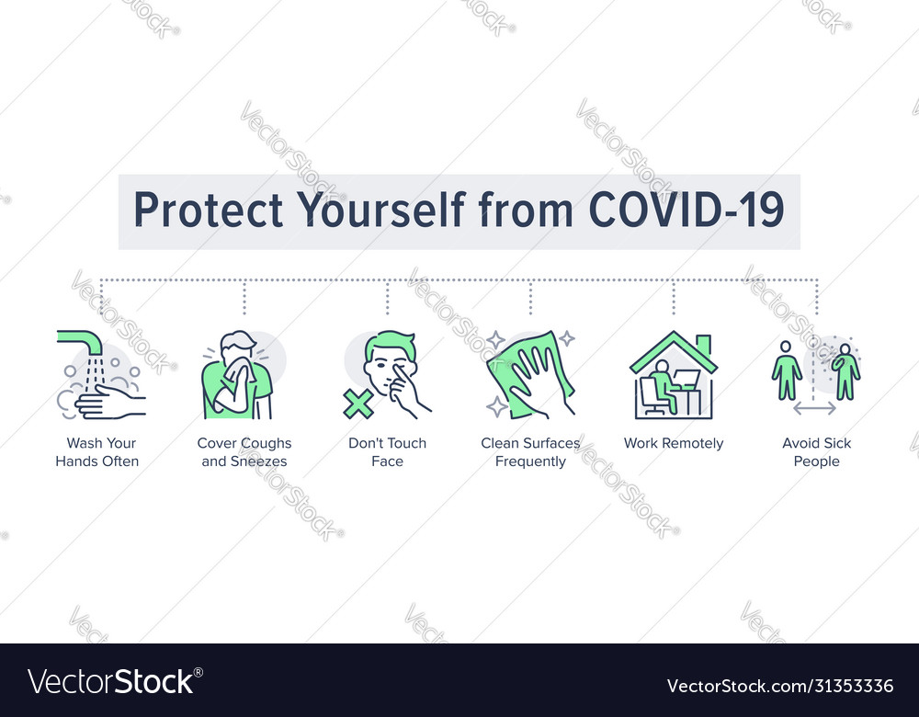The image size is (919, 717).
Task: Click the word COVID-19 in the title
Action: (x=686, y=211)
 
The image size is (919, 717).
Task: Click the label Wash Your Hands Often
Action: (x=96, y=452)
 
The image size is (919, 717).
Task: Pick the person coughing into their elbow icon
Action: (x=238, y=377)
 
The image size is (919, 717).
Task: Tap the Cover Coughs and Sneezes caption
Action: (x=244, y=452)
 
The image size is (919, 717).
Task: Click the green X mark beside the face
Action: (x=358, y=404)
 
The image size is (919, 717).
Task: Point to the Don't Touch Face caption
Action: (x=387, y=452)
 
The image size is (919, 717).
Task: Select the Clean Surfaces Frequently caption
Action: (x=530, y=452)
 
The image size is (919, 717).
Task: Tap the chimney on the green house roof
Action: (x=703, y=345)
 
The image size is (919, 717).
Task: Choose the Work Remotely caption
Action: (x=674, y=443)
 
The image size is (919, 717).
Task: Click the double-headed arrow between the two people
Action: (x=815, y=407)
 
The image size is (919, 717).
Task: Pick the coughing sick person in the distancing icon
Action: (x=845, y=372)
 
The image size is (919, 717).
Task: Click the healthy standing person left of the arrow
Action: (x=786, y=370)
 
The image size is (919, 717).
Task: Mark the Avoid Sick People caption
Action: (x=816, y=452)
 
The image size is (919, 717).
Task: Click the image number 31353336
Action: (x=845, y=686)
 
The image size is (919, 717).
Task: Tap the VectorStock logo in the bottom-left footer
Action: (x=111, y=681)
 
